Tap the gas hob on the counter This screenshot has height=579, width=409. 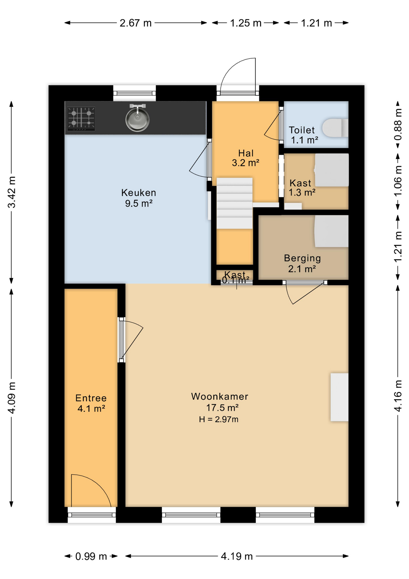tap(81, 119)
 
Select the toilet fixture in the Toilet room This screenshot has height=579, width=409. tap(335, 128)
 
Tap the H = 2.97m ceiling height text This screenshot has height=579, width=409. tap(219, 419)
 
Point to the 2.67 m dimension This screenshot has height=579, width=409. tap(136, 23)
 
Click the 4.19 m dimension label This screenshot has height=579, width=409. tap(237, 556)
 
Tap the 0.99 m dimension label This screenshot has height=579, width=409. tap(91, 556)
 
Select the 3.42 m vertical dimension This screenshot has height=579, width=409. tap(11, 192)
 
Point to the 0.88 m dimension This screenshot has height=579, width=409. tap(398, 125)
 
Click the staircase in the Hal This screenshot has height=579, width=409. tap(234, 203)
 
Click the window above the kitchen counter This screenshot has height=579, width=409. tap(134, 93)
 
